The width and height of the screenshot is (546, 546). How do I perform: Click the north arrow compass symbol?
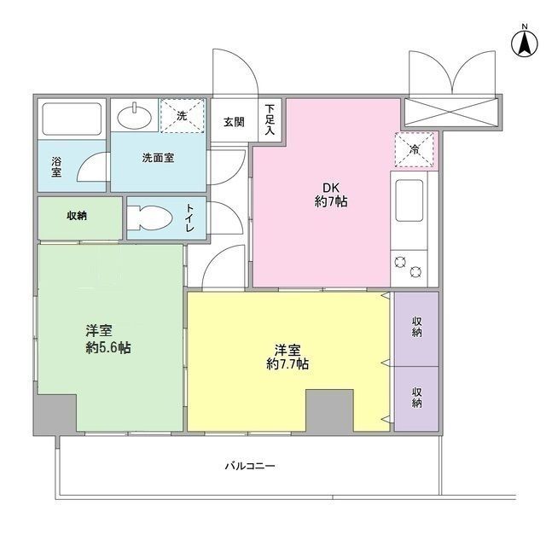point(521,42)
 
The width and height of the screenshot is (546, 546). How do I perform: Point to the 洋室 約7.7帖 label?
point(287,357)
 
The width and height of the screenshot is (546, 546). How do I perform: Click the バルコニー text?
point(250,467)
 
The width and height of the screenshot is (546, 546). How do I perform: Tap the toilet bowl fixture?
point(152,217)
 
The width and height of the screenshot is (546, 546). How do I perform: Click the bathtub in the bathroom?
point(72,118)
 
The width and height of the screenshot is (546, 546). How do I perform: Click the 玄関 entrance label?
point(234,122)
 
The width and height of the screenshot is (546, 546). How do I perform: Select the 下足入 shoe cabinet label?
point(270,120)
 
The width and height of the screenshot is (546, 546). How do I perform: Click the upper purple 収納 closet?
point(417,327)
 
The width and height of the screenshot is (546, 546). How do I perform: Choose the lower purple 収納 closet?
point(417,398)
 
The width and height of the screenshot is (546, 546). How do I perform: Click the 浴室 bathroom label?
point(56,166)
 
